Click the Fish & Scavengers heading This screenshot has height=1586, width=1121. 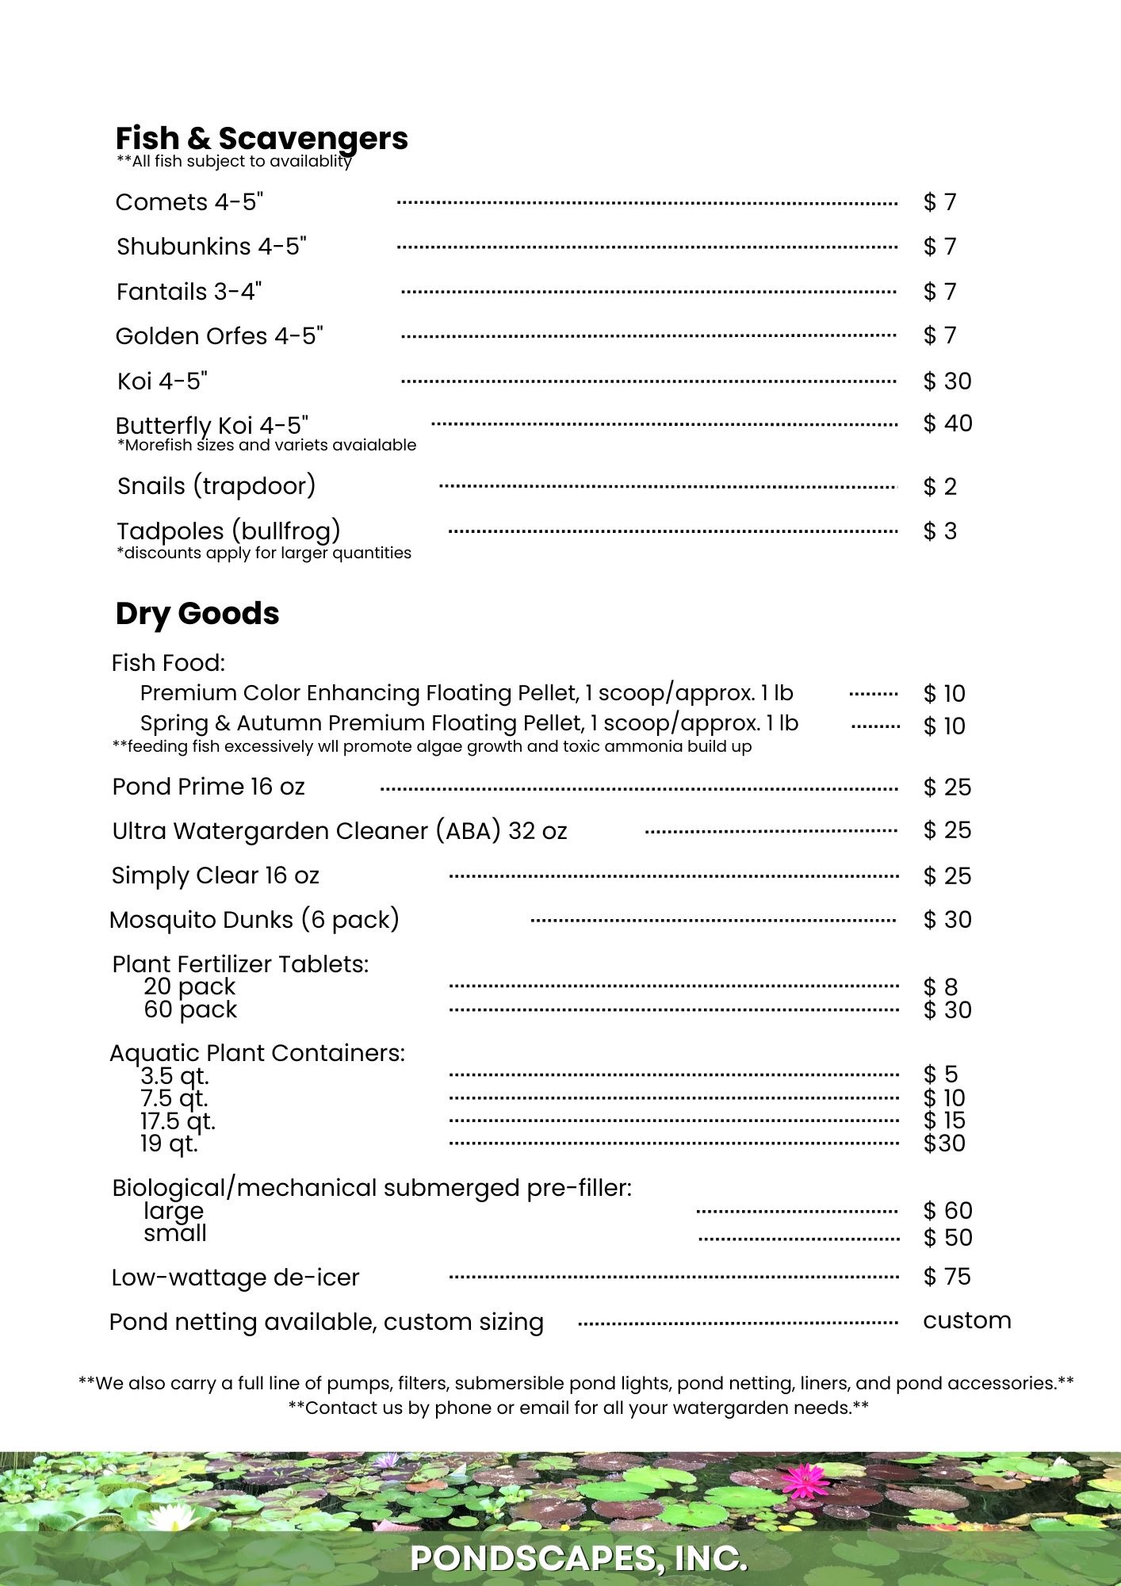[x=262, y=139]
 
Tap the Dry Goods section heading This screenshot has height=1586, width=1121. [x=197, y=614]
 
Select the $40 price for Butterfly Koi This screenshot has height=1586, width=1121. [x=947, y=423]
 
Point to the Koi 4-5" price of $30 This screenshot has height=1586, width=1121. [x=947, y=381]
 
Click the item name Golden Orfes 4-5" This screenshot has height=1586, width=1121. [x=220, y=336]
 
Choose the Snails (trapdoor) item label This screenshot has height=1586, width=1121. [x=216, y=485]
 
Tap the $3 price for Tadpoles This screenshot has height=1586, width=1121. [x=940, y=531]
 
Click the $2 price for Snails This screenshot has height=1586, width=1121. [x=940, y=486]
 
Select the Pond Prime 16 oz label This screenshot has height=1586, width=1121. [x=209, y=787]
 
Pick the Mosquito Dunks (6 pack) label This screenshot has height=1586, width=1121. [x=254, y=920]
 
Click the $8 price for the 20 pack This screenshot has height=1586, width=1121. [x=940, y=987]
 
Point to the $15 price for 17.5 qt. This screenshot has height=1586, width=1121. [x=944, y=1121]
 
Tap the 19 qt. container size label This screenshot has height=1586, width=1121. [x=169, y=1144]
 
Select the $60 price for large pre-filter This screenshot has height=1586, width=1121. [x=947, y=1211]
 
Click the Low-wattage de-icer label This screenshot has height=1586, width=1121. [x=235, y=1278]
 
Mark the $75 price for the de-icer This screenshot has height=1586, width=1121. [x=947, y=1277]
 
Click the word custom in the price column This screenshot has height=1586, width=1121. [x=967, y=1320]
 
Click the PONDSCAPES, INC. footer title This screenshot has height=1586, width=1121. [x=579, y=1558]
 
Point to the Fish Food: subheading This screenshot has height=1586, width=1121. [x=168, y=663]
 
